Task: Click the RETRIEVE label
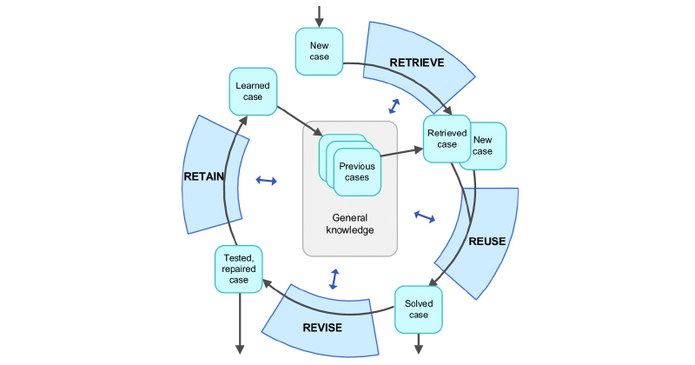tap(416, 63)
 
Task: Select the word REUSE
tap(486, 242)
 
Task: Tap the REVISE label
tap(322, 328)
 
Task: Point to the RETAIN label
tap(205, 176)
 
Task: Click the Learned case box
tap(253, 91)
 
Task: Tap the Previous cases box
tap(354, 171)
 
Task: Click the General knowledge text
tap(349, 223)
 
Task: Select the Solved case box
tap(419, 309)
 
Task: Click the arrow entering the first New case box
tap(319, 15)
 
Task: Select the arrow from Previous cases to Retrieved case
tap(401, 152)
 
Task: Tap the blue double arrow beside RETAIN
tap(266, 181)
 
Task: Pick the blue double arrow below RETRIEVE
tap(394, 106)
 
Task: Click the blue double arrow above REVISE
tap(334, 279)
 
